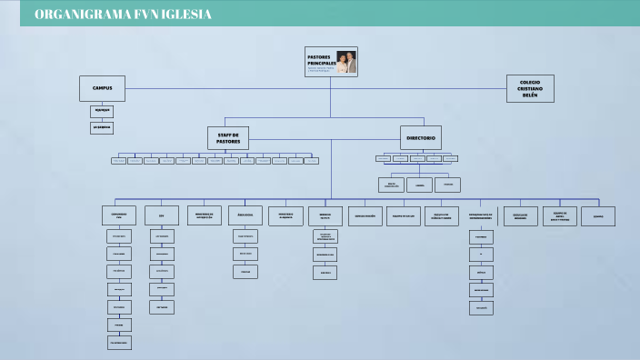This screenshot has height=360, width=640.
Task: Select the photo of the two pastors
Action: (x=346, y=62)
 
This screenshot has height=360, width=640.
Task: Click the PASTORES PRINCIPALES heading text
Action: (x=319, y=60)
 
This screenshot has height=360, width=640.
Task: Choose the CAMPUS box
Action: (x=102, y=88)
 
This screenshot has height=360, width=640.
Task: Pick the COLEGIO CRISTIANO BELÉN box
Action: (x=530, y=88)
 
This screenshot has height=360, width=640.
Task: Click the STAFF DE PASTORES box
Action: (x=228, y=138)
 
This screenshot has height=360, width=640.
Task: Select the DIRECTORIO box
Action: (x=421, y=138)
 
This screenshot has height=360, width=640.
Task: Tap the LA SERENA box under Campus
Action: (x=102, y=128)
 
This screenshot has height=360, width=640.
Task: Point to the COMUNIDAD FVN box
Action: (x=118, y=215)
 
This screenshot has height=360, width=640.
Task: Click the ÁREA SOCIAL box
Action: (x=245, y=215)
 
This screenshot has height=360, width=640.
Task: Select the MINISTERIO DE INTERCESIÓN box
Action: (x=204, y=215)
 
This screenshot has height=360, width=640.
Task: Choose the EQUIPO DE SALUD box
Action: (x=403, y=215)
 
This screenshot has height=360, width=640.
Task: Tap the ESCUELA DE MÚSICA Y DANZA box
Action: (x=442, y=215)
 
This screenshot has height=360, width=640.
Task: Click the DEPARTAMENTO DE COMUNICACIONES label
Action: (x=481, y=216)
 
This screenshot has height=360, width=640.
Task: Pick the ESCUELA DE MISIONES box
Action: (x=520, y=215)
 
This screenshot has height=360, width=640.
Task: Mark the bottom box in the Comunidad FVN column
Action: (x=118, y=343)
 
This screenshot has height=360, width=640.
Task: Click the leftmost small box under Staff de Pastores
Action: (x=118, y=161)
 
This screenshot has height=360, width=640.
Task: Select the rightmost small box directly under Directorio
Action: (x=450, y=158)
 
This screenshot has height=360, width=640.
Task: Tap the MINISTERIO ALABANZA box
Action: (x=285, y=215)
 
